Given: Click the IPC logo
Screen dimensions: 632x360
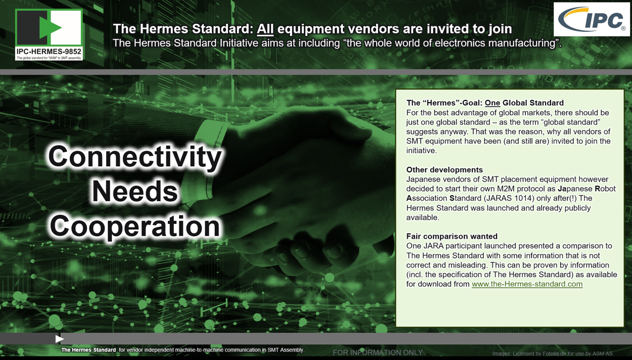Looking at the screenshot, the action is point(592,19).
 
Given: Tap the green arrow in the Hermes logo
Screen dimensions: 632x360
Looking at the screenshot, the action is point(51,28).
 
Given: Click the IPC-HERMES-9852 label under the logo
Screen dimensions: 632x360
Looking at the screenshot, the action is point(49,52).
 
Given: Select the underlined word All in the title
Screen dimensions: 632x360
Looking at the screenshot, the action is point(265,29).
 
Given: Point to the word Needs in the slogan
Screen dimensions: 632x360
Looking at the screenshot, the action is point(135,192).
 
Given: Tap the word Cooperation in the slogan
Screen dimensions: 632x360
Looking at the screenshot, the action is point(135,227).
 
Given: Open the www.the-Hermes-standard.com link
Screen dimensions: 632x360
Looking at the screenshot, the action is point(527,284).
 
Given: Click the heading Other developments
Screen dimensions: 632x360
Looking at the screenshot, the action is point(444,169).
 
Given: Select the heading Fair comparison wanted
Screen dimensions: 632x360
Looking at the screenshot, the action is point(452,236).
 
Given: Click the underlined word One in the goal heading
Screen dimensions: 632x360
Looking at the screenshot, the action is point(492,103).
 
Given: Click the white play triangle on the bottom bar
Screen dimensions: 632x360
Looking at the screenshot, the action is point(59,339).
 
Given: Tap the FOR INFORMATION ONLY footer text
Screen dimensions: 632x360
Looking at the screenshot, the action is point(378,352).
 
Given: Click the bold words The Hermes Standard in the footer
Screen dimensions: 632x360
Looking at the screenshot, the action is point(88,350).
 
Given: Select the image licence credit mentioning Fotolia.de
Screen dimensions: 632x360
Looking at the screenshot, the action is point(553,353).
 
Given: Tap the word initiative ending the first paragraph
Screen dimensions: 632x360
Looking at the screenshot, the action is point(422,151).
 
